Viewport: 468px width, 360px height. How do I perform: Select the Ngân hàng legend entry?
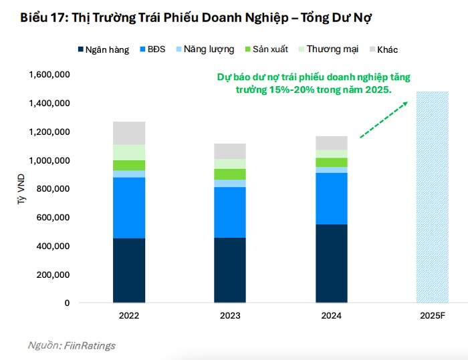104,49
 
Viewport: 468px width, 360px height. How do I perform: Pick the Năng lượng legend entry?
205,49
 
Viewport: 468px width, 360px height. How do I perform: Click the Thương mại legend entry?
327,49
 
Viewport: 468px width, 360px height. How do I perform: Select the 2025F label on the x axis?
432,315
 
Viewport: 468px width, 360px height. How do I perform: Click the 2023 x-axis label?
230,315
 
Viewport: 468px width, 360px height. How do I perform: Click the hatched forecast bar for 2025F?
432,197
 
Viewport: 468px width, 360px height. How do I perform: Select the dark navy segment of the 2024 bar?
331,264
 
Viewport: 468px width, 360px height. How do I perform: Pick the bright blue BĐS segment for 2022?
129,207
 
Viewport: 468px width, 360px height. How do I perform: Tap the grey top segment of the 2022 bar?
129,133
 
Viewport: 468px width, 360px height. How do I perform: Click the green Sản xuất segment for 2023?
230,174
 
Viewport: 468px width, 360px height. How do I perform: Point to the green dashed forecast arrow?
383,119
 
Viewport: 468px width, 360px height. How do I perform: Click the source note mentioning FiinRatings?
72,345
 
